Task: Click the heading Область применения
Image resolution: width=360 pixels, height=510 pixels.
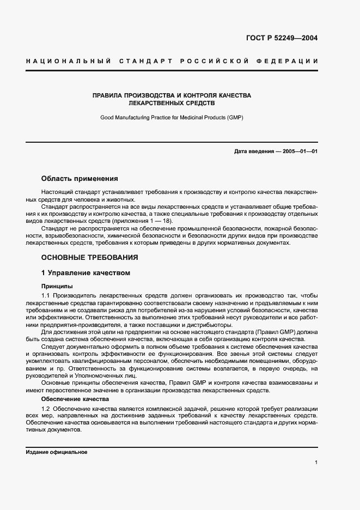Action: click(79, 179)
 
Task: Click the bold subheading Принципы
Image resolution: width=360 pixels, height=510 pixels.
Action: click(57, 286)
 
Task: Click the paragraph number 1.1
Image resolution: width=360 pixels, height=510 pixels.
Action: click(46, 295)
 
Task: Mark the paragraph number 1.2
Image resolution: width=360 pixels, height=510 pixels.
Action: click(46, 408)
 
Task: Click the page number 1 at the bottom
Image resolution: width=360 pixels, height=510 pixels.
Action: click(316, 463)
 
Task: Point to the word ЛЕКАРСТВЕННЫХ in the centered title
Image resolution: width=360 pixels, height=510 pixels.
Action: click(151, 102)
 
